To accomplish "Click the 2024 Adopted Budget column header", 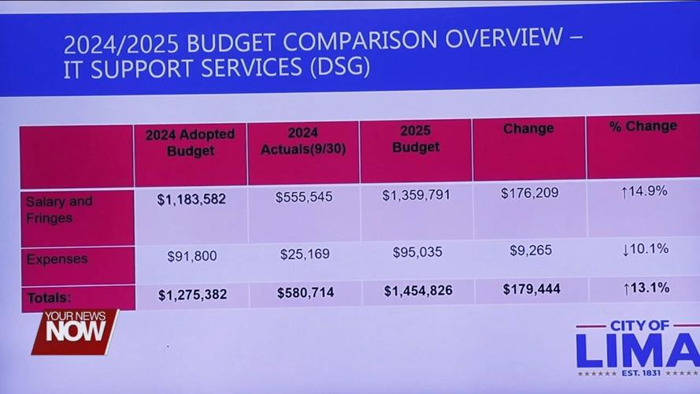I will pos(190,143).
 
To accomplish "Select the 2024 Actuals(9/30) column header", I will pos(302,140).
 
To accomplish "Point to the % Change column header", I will pos(643,126).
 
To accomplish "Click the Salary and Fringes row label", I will pos(59,210).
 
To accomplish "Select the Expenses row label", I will pos(57,259).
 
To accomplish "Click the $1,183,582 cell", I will pos(191,199).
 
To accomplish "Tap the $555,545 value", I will pos(304,198).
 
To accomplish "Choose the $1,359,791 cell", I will pos(417,195).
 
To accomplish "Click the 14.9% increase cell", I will pos(644,191).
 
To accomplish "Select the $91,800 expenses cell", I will pos(192,256).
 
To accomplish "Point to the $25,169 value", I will pos(305,255).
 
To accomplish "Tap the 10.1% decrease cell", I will pos(645,249).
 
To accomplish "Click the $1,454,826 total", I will pos(418,291).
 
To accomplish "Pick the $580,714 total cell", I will pos(306,292).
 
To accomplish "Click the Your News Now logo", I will pos(75,331).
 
